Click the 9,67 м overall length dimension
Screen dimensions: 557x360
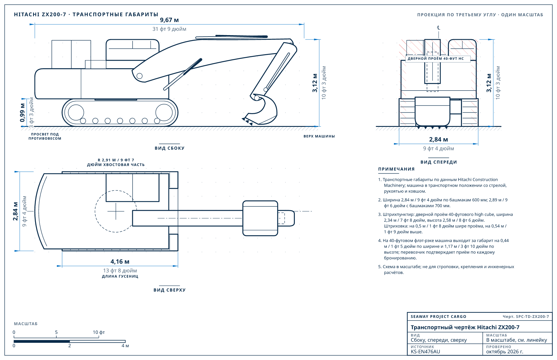coord(169,20)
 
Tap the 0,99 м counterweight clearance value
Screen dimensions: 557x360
coord(22,113)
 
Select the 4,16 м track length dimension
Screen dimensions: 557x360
coord(120,262)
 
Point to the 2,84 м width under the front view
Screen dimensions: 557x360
coord(438,140)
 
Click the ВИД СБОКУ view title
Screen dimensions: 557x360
coord(169,148)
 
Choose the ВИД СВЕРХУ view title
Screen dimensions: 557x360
coord(169,290)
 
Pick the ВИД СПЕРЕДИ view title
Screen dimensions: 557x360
coord(439,162)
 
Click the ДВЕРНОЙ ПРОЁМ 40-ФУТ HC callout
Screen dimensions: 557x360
coord(436,59)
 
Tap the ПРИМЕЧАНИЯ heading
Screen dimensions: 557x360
coord(396,169)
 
